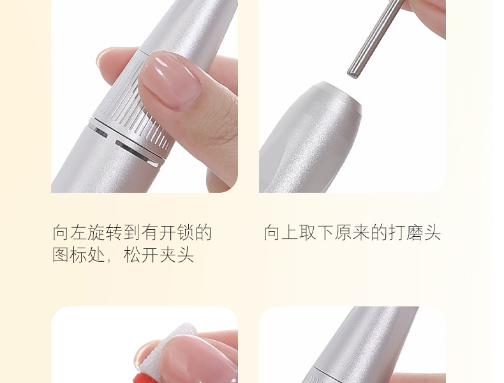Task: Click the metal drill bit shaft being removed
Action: (x=375, y=38)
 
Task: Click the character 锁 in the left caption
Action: (x=186, y=232)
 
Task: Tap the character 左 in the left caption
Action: (x=78, y=232)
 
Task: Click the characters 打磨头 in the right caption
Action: (x=415, y=232)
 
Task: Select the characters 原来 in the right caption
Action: (x=353, y=232)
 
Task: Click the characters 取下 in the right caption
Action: (x=317, y=232)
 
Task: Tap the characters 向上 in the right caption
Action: (x=281, y=232)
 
